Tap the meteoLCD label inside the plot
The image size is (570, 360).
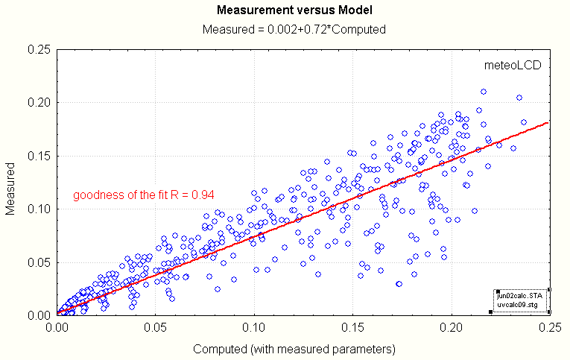tap(512, 65)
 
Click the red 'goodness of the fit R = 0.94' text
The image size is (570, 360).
tap(144, 195)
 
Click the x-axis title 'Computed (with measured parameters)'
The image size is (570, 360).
tap(294, 348)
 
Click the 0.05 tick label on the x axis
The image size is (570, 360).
tap(156, 326)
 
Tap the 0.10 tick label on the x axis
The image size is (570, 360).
tap(255, 326)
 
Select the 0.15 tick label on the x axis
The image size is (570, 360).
tap(353, 326)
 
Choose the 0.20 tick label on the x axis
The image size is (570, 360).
tap(452, 326)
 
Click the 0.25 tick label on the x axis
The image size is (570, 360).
tap(550, 326)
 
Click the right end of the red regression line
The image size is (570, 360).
tap(549, 123)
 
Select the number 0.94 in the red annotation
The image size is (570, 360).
tap(203, 195)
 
